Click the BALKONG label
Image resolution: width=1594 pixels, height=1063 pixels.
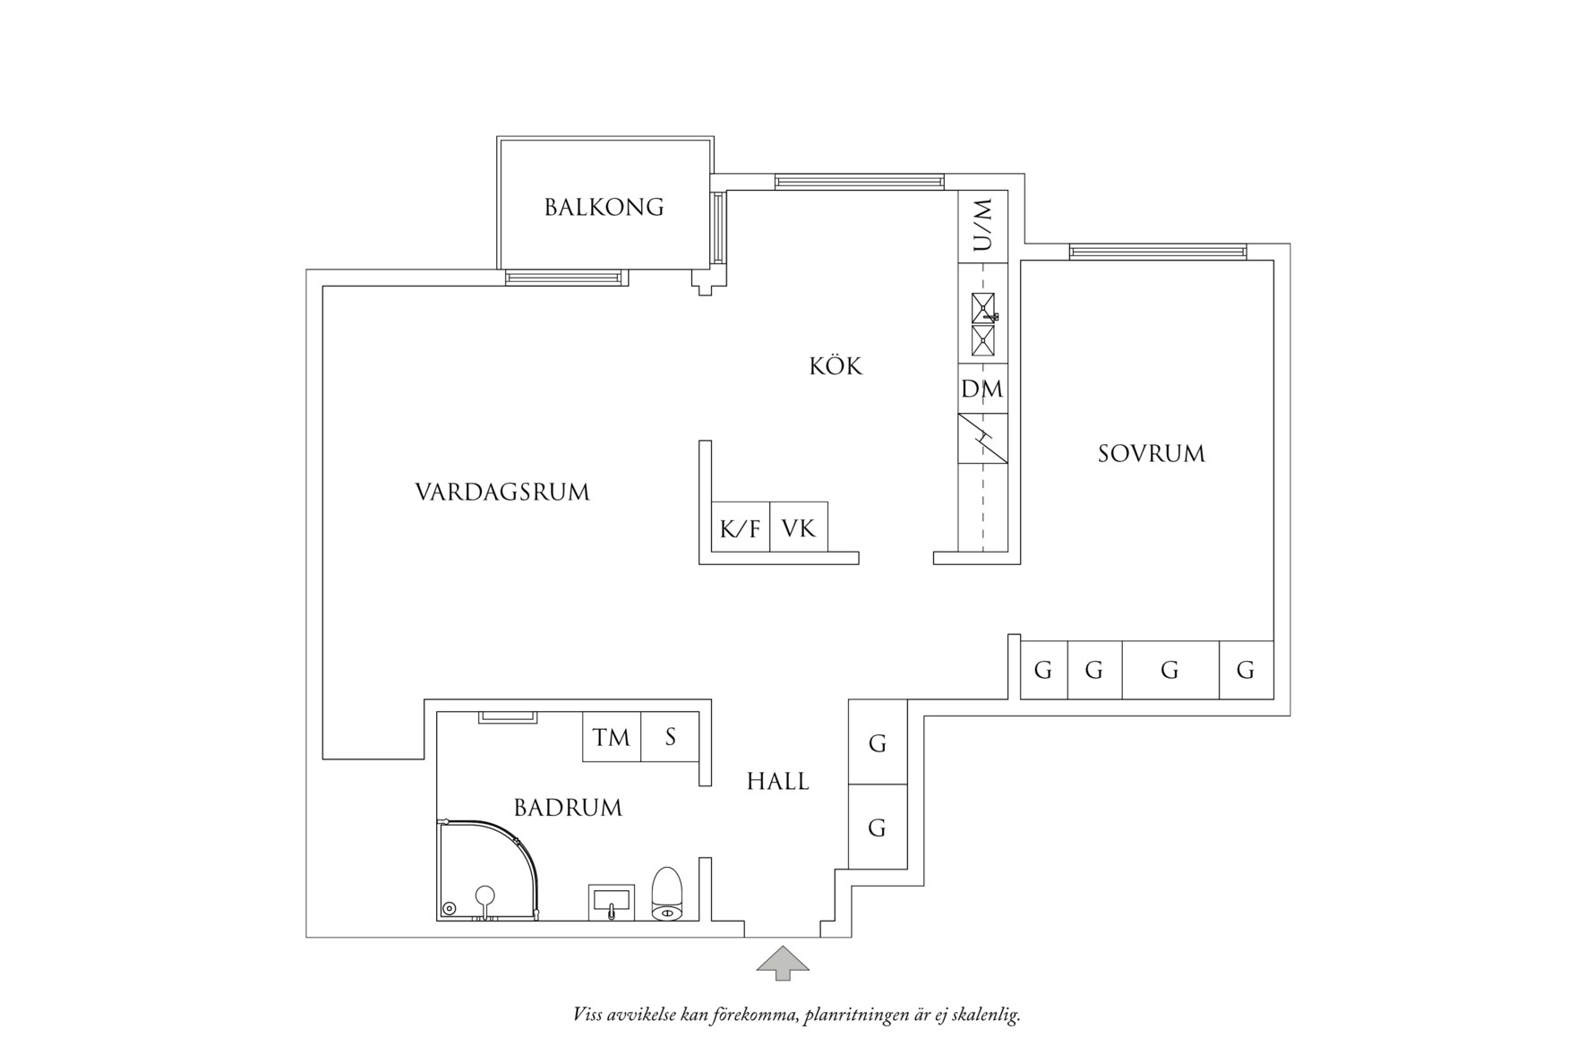604,208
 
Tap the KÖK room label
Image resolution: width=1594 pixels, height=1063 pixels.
836,366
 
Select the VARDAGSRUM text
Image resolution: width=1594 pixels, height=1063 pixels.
502,493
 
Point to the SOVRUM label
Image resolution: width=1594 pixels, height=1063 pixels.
1152,454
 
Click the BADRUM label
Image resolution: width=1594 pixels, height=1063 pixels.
568,808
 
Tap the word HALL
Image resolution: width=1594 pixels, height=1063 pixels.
777,782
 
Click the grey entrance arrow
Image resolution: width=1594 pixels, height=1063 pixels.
783,962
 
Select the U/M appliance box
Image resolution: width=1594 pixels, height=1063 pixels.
982,226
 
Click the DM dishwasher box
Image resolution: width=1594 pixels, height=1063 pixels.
982,389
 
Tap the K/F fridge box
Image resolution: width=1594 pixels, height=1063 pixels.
740,528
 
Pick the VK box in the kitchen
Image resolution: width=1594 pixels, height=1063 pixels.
799,528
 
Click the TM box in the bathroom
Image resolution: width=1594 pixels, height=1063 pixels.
612,737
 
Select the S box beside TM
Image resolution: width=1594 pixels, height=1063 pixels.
670,737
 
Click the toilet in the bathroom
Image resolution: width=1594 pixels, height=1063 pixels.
667,894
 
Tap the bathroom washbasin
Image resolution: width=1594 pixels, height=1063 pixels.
612,902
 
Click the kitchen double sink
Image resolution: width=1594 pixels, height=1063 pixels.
983,324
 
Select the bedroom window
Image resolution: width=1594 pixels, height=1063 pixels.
1157,252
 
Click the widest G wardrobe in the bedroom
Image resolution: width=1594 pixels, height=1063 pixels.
1170,670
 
